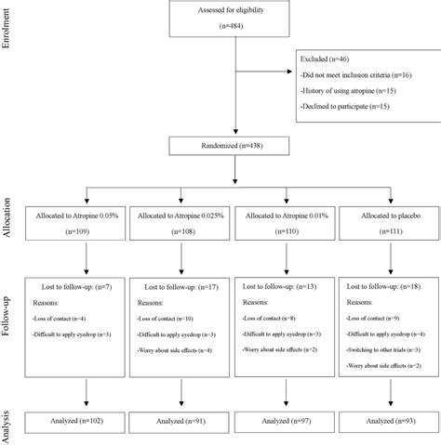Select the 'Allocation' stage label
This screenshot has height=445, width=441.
[10, 220]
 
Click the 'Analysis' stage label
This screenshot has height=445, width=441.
[10, 422]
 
